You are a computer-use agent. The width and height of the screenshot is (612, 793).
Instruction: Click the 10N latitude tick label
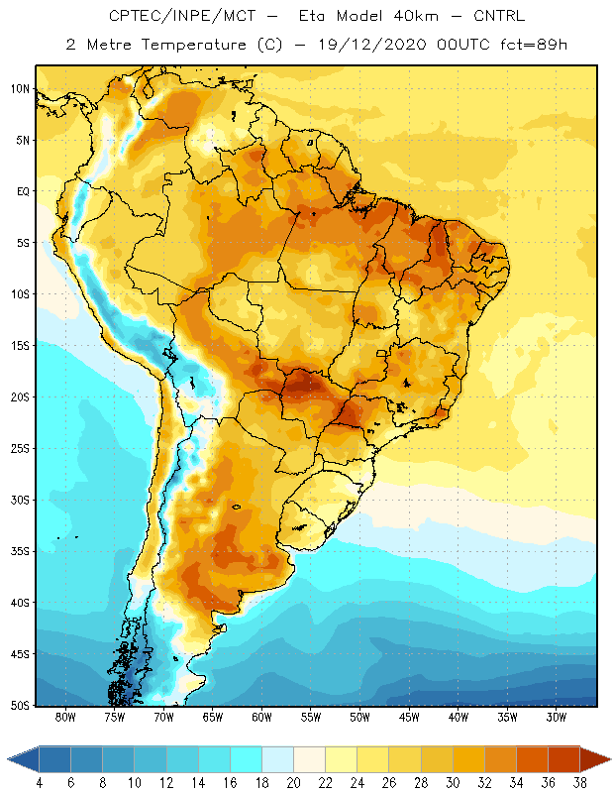coord(20,89)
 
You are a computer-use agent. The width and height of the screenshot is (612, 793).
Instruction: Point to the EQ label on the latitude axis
coord(23,191)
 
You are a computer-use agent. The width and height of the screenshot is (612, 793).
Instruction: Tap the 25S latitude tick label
coord(20,449)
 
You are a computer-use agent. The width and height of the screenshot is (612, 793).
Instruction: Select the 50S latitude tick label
coord(20,706)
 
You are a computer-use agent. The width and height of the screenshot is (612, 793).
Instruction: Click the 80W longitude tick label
coord(65,717)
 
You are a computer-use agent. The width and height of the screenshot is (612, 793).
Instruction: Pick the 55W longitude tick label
coord(311,717)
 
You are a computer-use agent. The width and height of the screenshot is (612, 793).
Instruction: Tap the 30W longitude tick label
coord(556,717)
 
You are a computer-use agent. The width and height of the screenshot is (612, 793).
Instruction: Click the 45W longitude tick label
coord(409,717)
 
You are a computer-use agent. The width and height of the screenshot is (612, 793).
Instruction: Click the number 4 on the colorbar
coord(39,783)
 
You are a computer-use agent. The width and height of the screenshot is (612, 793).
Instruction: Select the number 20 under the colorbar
coord(293,783)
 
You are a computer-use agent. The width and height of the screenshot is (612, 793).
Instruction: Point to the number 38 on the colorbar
coord(580,783)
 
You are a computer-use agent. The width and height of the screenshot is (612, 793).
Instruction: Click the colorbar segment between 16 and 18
coord(247,759)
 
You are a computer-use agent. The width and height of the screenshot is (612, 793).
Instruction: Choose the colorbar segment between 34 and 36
coord(532,759)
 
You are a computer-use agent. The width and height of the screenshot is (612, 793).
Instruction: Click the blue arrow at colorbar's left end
coord(24,759)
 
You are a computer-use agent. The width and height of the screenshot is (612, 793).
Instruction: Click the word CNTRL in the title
coord(499,16)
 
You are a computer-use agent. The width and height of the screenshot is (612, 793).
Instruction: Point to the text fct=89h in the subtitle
coord(534,45)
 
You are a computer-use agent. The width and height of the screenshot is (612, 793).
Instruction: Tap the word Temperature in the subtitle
coord(193,46)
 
